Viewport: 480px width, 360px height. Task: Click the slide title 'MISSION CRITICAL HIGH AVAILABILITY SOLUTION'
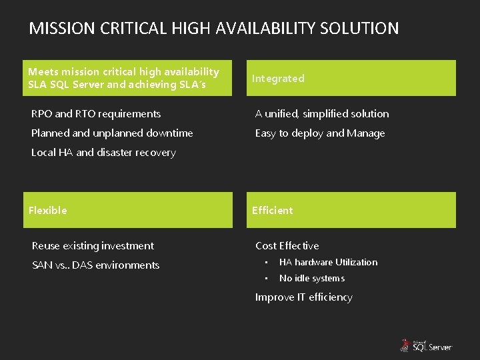214,29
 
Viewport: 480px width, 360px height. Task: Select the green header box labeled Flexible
127,210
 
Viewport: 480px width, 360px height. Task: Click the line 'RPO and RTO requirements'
96,114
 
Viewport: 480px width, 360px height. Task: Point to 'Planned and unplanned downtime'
112,133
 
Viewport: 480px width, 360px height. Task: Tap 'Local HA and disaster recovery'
103,153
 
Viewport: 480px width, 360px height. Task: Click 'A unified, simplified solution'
322,114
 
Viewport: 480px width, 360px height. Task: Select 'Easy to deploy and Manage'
320,133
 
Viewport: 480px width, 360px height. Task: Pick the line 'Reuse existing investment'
93,246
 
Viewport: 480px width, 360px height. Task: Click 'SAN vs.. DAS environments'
95,265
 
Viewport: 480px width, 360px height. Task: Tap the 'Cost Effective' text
287,246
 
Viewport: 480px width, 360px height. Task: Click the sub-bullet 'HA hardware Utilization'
328,263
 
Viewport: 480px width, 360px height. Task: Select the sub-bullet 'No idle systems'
311,279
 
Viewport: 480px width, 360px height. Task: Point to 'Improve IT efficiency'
303,297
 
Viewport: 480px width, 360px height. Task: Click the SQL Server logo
426,345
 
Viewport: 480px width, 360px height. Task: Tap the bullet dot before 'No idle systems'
265,279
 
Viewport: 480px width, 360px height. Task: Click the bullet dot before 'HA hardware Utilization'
265,263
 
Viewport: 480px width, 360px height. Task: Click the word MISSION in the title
62,29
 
